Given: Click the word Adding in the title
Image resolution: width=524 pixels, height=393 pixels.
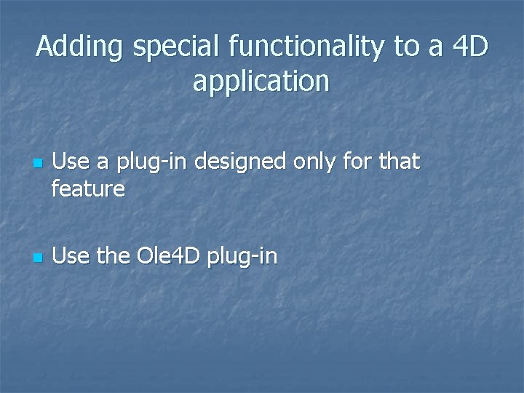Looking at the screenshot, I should pyautogui.click(x=81, y=48).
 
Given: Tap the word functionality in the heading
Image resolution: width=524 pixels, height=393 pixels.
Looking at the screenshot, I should pyautogui.click(x=306, y=48).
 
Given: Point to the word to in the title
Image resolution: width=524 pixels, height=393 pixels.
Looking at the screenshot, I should pyautogui.click(x=405, y=48).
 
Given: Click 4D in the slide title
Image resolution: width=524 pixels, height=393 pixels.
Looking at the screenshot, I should pyautogui.click(x=470, y=48).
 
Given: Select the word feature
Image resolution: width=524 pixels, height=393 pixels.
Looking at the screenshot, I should pyautogui.click(x=89, y=190).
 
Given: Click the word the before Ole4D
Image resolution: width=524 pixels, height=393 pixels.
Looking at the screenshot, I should pyautogui.click(x=111, y=256).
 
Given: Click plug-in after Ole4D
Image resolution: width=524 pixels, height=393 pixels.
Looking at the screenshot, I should pyautogui.click(x=242, y=257).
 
